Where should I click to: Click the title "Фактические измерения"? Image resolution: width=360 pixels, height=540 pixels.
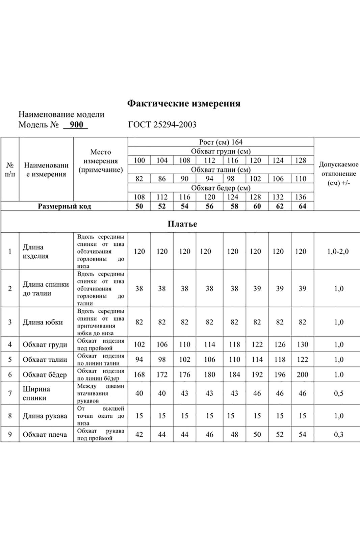[x=184, y=103]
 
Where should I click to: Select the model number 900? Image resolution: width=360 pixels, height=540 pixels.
[x=76, y=125]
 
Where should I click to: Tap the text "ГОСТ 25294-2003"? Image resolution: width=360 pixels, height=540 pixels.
[x=162, y=125]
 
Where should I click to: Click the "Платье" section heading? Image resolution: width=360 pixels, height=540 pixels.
[x=182, y=224]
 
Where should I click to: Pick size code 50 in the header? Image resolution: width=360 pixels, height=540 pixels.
[x=139, y=206]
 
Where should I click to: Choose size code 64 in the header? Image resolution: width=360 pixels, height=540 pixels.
[x=302, y=206]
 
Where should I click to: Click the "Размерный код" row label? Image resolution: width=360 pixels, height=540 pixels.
[x=64, y=206]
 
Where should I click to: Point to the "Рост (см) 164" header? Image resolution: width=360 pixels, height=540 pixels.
[x=221, y=142]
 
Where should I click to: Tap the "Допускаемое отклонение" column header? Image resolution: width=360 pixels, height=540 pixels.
[x=338, y=174]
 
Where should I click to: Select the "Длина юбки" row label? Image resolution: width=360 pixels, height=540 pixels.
[x=43, y=322]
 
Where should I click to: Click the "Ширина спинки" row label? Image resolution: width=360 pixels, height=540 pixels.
[x=36, y=393]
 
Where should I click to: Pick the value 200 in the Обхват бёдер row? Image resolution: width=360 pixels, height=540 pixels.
[x=302, y=375]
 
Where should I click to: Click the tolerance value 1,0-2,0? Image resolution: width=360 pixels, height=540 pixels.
[x=338, y=251]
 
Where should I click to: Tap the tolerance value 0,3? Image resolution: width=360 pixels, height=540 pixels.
[x=339, y=435]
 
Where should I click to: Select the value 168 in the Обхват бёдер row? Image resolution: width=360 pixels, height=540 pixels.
[x=139, y=375]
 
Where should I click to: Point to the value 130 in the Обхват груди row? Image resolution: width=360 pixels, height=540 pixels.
[x=302, y=344]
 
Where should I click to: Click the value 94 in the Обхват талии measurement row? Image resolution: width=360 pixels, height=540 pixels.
[x=139, y=360]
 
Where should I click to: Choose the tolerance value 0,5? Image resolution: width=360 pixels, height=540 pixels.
[x=339, y=393]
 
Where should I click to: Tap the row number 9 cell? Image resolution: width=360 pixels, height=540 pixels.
[x=10, y=435]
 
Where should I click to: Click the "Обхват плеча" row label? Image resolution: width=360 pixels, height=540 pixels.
[x=45, y=435]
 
